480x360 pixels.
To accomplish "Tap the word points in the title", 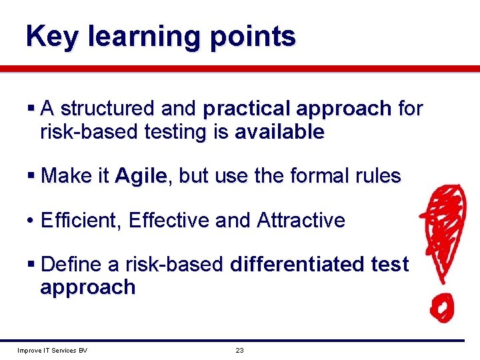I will click(252, 37).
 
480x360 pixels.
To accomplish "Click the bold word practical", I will click(248, 109).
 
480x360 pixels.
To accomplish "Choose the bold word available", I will click(279, 132).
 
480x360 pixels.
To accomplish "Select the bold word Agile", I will click(141, 177).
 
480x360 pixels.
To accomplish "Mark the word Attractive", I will click(301, 220).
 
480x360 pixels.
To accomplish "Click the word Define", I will click(71, 265).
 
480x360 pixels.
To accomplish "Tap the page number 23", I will click(239, 350).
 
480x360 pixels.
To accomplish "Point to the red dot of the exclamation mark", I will click(441, 308).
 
